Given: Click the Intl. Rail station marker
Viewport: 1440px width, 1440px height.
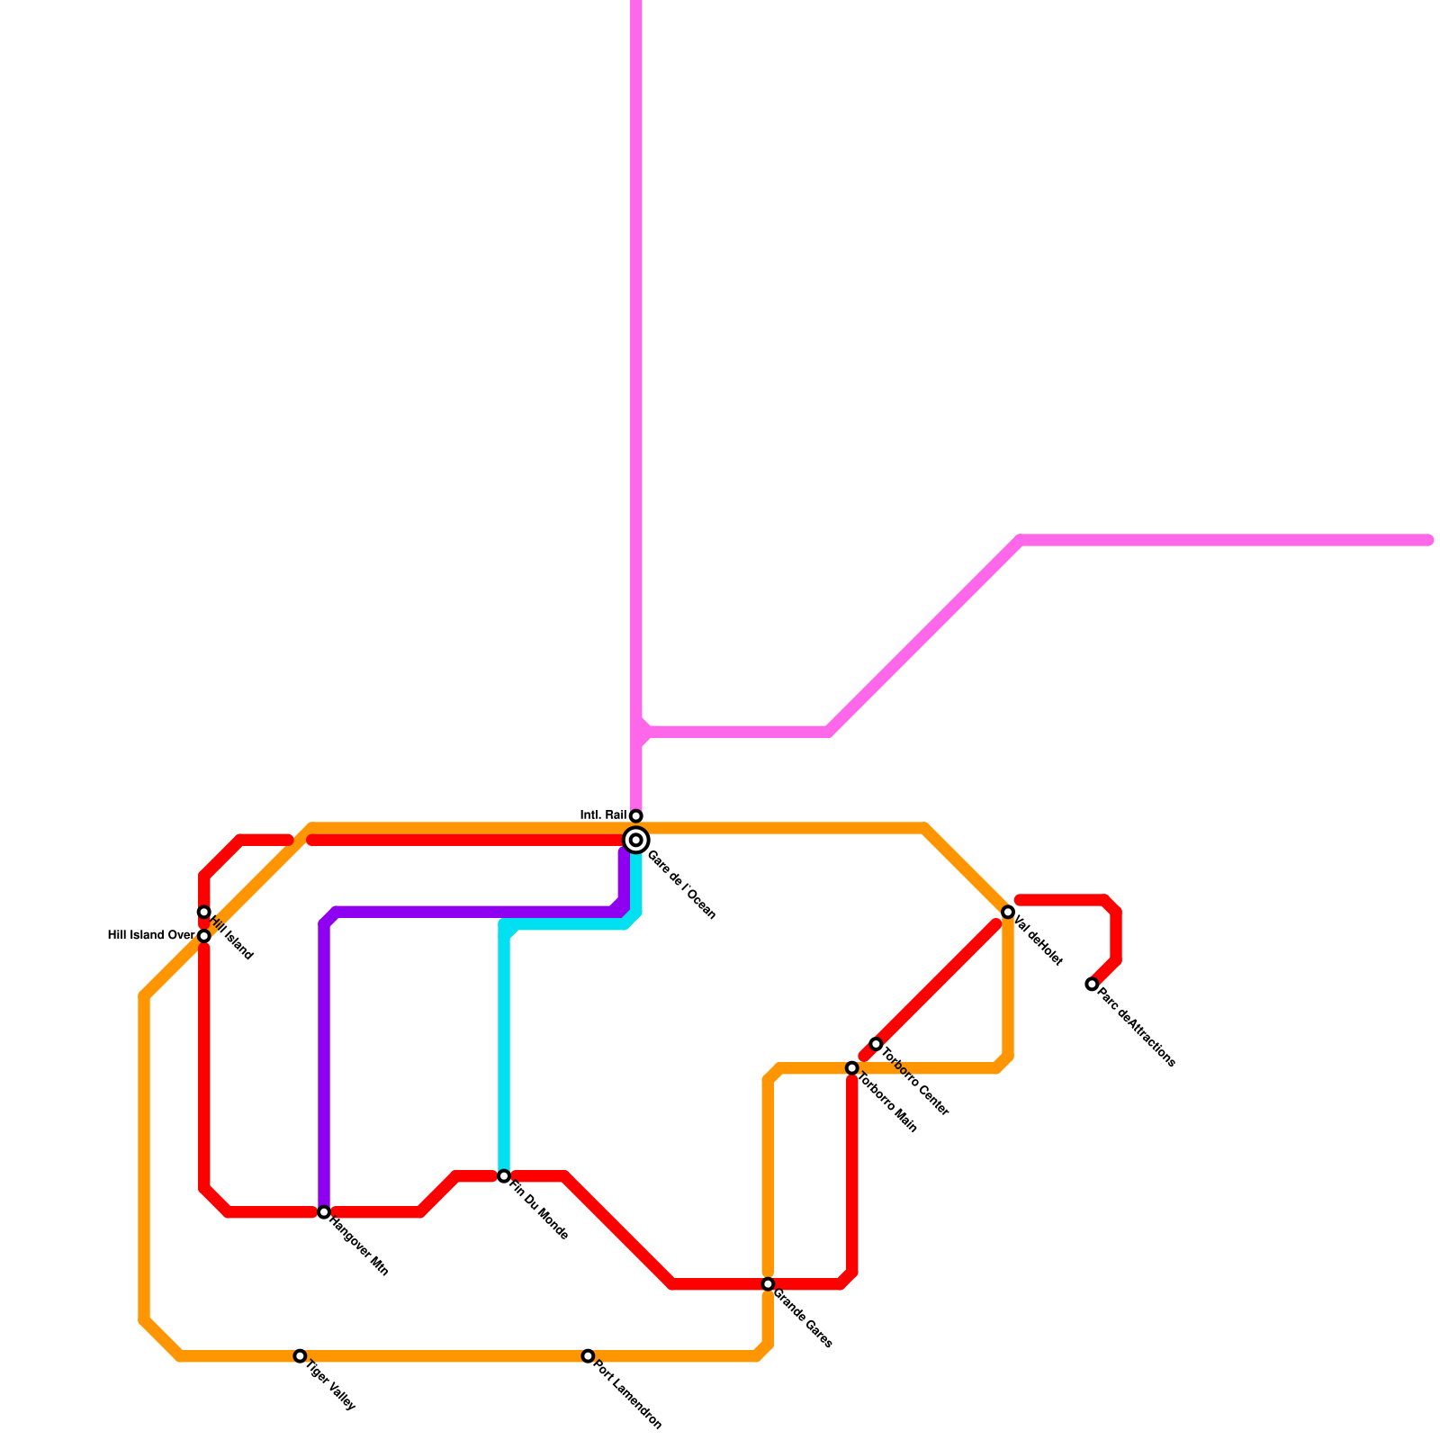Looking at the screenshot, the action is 636,816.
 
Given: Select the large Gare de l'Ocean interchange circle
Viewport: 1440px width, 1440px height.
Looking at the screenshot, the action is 636,841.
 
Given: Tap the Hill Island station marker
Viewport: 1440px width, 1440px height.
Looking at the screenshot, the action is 204,913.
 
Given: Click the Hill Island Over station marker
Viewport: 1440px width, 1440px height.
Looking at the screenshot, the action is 204,936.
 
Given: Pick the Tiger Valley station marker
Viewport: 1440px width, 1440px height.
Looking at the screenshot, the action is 300,1356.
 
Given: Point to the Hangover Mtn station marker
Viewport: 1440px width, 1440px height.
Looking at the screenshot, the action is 324,1212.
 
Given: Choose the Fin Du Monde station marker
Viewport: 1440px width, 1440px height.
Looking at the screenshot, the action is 504,1176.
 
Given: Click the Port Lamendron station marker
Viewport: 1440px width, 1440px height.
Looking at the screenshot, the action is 588,1356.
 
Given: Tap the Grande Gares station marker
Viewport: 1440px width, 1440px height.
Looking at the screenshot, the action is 768,1284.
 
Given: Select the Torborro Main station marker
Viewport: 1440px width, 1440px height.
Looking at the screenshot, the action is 852,1068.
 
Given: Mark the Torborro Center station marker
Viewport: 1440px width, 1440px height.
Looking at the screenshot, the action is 876,1044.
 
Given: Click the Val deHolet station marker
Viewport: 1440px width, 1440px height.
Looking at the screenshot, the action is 1008,913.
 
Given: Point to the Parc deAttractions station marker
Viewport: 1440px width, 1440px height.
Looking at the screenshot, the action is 1092,985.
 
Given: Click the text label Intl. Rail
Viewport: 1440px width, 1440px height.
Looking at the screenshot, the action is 603,815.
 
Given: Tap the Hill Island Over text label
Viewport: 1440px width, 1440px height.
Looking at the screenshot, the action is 150,935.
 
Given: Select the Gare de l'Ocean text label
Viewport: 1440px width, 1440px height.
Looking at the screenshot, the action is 681,885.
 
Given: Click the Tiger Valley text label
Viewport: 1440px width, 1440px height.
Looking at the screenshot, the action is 330,1386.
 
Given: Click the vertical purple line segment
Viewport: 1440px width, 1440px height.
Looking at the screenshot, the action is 324,1062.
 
